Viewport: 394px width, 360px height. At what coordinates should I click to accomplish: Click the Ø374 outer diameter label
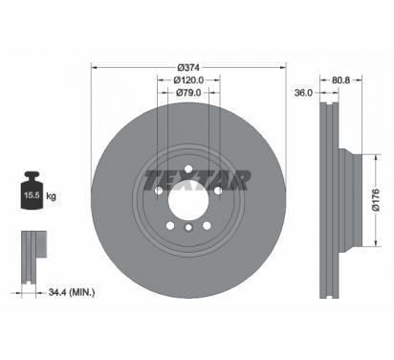(x=188, y=68)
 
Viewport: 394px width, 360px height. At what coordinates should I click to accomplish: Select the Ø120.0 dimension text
(x=188, y=80)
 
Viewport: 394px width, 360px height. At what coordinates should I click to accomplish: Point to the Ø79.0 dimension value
(x=188, y=93)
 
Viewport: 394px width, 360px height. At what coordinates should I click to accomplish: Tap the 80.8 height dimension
(x=340, y=80)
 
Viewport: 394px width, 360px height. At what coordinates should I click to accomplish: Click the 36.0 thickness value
(x=303, y=93)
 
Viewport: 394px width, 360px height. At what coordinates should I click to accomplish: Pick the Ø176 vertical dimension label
(x=376, y=200)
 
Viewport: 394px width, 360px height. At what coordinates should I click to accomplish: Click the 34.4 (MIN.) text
(x=72, y=292)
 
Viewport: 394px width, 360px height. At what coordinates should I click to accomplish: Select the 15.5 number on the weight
(x=32, y=195)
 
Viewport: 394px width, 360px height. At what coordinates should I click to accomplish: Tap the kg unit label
(x=51, y=195)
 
